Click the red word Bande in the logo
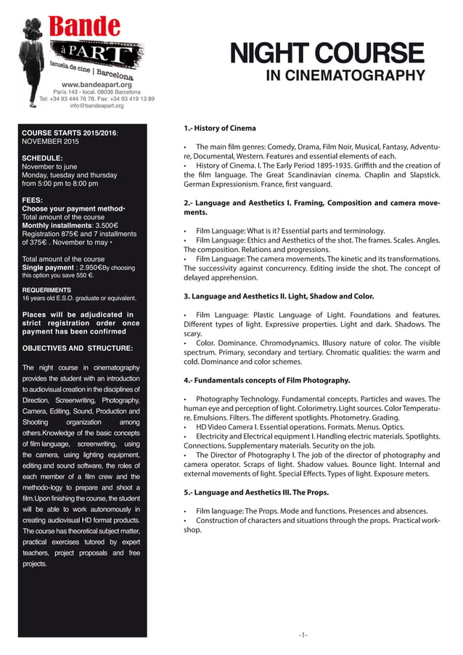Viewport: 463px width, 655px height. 83,28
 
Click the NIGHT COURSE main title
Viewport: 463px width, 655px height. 327,54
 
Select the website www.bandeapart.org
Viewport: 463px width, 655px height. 97,85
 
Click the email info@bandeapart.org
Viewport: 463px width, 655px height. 97,105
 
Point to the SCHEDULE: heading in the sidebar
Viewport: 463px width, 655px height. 42,157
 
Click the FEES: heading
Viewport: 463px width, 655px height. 32,200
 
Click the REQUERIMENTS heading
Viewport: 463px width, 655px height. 46,289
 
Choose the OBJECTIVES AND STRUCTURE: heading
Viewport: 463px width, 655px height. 77,348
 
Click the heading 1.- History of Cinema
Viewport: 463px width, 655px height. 220,129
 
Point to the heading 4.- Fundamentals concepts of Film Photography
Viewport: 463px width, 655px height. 267,380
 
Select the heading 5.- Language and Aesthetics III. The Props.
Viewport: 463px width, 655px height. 256,492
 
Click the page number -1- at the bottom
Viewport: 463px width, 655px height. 303,635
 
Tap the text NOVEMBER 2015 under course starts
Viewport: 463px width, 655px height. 51,142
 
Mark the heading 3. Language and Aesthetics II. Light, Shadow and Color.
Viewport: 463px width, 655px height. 279,296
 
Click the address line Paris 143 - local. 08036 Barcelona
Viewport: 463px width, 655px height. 97,92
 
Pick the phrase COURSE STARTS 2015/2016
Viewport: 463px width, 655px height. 69,133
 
